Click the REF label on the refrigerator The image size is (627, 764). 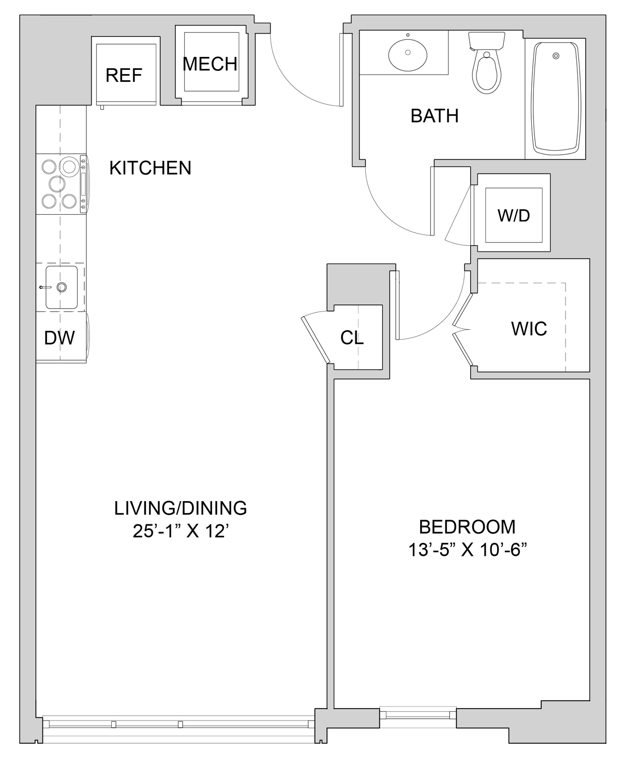point(124,76)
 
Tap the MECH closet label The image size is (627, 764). point(210,64)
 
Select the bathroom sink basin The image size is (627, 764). point(408,53)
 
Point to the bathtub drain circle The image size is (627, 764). point(556,56)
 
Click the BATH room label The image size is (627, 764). point(434,116)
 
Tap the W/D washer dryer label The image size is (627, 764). point(514,215)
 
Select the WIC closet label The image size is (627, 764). point(529,329)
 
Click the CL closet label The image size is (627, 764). point(352,338)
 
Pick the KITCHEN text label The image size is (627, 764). point(150,168)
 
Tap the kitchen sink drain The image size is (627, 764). point(62,287)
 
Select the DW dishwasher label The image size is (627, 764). point(59,338)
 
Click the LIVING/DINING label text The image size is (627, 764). point(181,508)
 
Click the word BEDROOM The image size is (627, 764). point(467,527)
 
